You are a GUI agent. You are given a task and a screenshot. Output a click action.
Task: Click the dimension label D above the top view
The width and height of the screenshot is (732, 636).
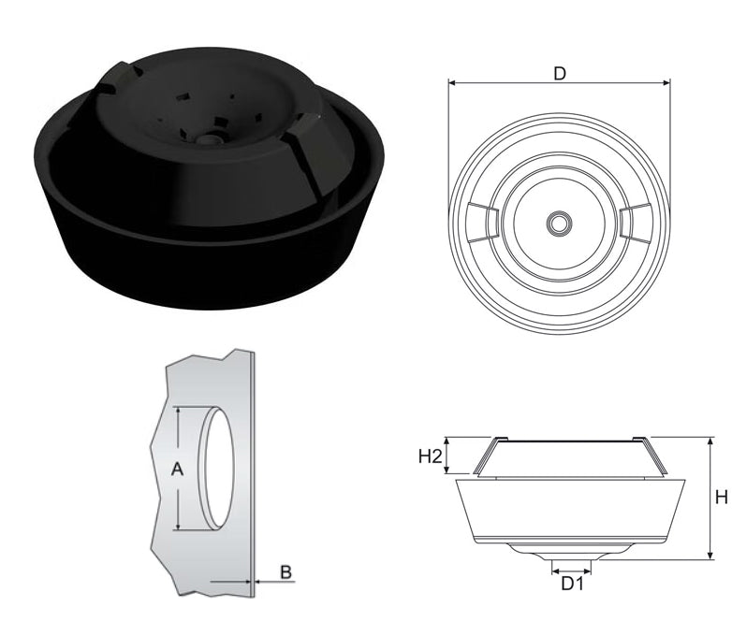559,73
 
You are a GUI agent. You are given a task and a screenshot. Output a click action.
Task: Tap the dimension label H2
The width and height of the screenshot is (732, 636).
430,455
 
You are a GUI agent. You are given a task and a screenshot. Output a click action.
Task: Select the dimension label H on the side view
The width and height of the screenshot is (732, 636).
722,498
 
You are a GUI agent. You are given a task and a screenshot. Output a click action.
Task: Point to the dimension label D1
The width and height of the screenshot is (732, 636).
572,584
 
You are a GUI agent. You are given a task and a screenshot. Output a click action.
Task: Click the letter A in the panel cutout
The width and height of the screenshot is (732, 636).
177,469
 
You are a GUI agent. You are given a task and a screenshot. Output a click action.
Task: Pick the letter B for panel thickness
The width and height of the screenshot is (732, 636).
285,571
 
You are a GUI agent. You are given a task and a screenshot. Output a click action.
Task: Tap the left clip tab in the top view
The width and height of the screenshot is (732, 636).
483,223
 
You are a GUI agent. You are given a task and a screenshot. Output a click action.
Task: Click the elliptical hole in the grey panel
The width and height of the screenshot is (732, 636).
216,468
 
